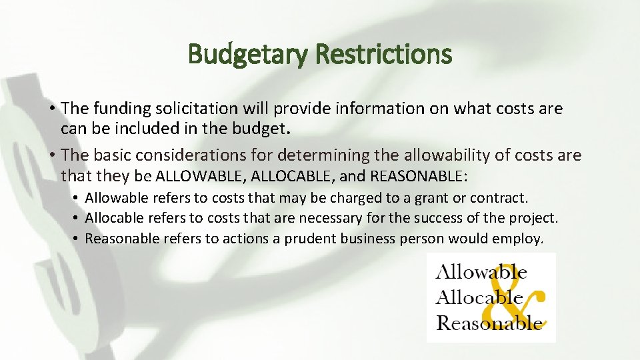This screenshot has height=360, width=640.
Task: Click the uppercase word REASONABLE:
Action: (x=418, y=177)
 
